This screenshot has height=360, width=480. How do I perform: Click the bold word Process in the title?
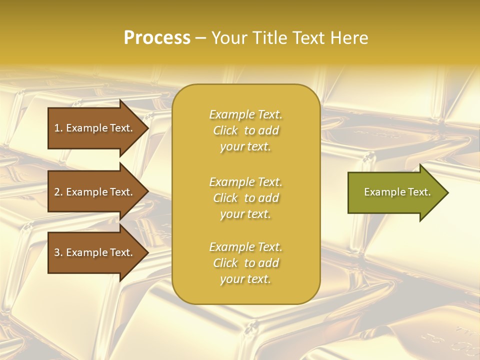[157, 38]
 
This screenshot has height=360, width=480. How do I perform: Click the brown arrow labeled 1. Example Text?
[95, 128]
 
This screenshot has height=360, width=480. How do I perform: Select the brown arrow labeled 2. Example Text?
[95, 192]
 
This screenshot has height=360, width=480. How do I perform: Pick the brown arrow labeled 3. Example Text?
[95, 252]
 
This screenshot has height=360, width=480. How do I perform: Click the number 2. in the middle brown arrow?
[58, 192]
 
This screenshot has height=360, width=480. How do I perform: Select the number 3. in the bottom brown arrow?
[58, 252]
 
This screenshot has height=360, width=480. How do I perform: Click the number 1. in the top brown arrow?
[58, 128]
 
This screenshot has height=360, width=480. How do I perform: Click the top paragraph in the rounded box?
[245, 130]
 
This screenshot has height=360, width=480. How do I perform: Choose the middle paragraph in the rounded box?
[245, 198]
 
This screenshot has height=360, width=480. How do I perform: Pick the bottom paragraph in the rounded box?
[245, 263]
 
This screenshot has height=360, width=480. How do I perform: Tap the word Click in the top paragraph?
[225, 130]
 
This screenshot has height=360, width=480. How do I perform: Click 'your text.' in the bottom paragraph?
[245, 279]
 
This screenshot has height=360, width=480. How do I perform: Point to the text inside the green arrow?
[397, 192]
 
